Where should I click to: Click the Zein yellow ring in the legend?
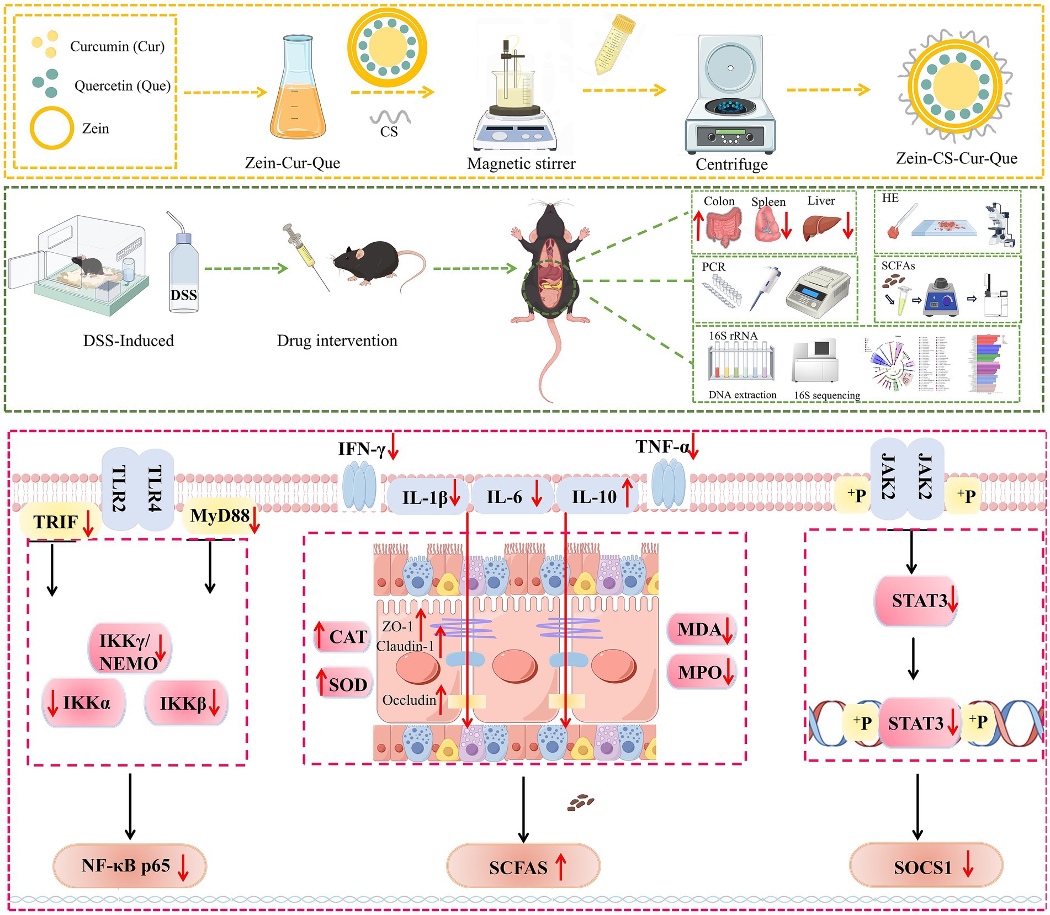point(51,127)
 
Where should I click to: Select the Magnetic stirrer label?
point(521,163)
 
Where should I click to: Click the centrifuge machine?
point(730,97)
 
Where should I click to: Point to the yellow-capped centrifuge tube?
point(614,44)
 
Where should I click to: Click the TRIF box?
point(60,522)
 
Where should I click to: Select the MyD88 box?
point(220,516)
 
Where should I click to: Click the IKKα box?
point(84,703)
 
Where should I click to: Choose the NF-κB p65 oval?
point(129,865)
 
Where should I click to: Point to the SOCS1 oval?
point(926,867)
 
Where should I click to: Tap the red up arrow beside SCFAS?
point(561,866)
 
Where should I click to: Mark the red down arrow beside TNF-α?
point(693,448)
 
